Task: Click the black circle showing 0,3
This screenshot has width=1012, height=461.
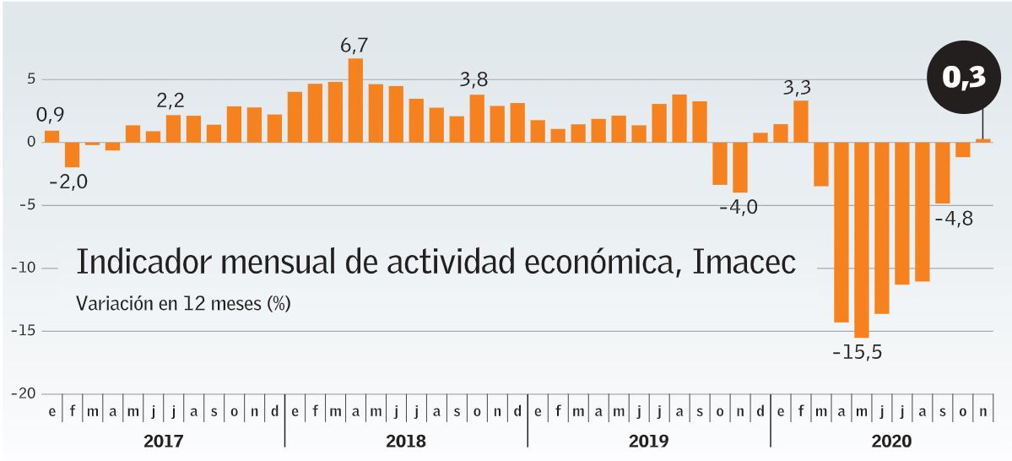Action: (x=963, y=78)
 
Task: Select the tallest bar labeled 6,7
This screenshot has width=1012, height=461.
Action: (x=356, y=100)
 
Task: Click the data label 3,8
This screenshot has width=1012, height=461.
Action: (x=474, y=80)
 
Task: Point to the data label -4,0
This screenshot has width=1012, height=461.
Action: (x=738, y=207)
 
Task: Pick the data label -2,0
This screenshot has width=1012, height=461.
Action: (x=68, y=182)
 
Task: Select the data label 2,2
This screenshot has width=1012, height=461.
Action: (x=170, y=100)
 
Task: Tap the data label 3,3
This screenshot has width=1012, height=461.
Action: (x=798, y=87)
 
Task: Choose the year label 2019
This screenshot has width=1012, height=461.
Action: (x=648, y=441)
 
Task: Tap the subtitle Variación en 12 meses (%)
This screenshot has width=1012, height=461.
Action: (x=183, y=303)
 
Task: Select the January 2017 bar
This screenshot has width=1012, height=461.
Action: (x=52, y=136)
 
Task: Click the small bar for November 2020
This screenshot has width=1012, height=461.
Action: (x=983, y=139)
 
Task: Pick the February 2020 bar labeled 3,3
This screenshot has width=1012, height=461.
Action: (x=801, y=121)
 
